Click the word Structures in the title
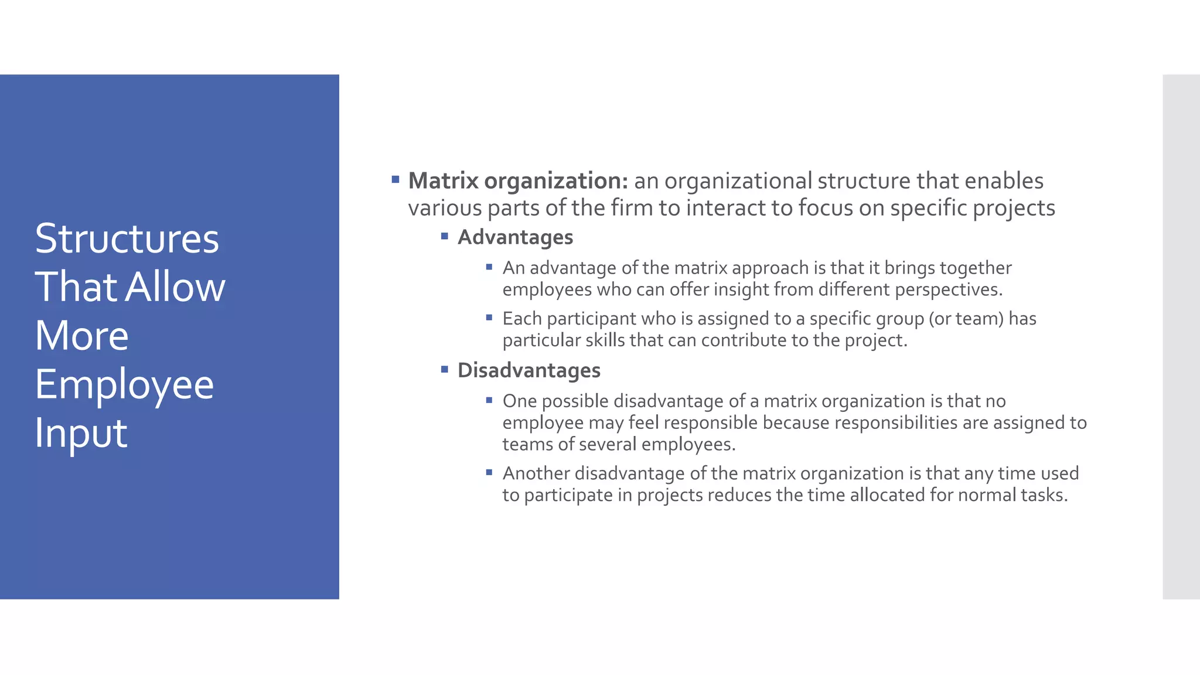[127, 238]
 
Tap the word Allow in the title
[175, 287]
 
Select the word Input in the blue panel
[81, 433]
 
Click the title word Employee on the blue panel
[124, 385]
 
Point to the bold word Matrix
[443, 181]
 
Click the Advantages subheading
[515, 237]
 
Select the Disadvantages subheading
[529, 370]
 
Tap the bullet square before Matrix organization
[396, 179]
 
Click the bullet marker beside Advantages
[445, 236]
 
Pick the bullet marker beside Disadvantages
[445, 369]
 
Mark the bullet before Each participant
[489, 318]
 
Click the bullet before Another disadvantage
[489, 472]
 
